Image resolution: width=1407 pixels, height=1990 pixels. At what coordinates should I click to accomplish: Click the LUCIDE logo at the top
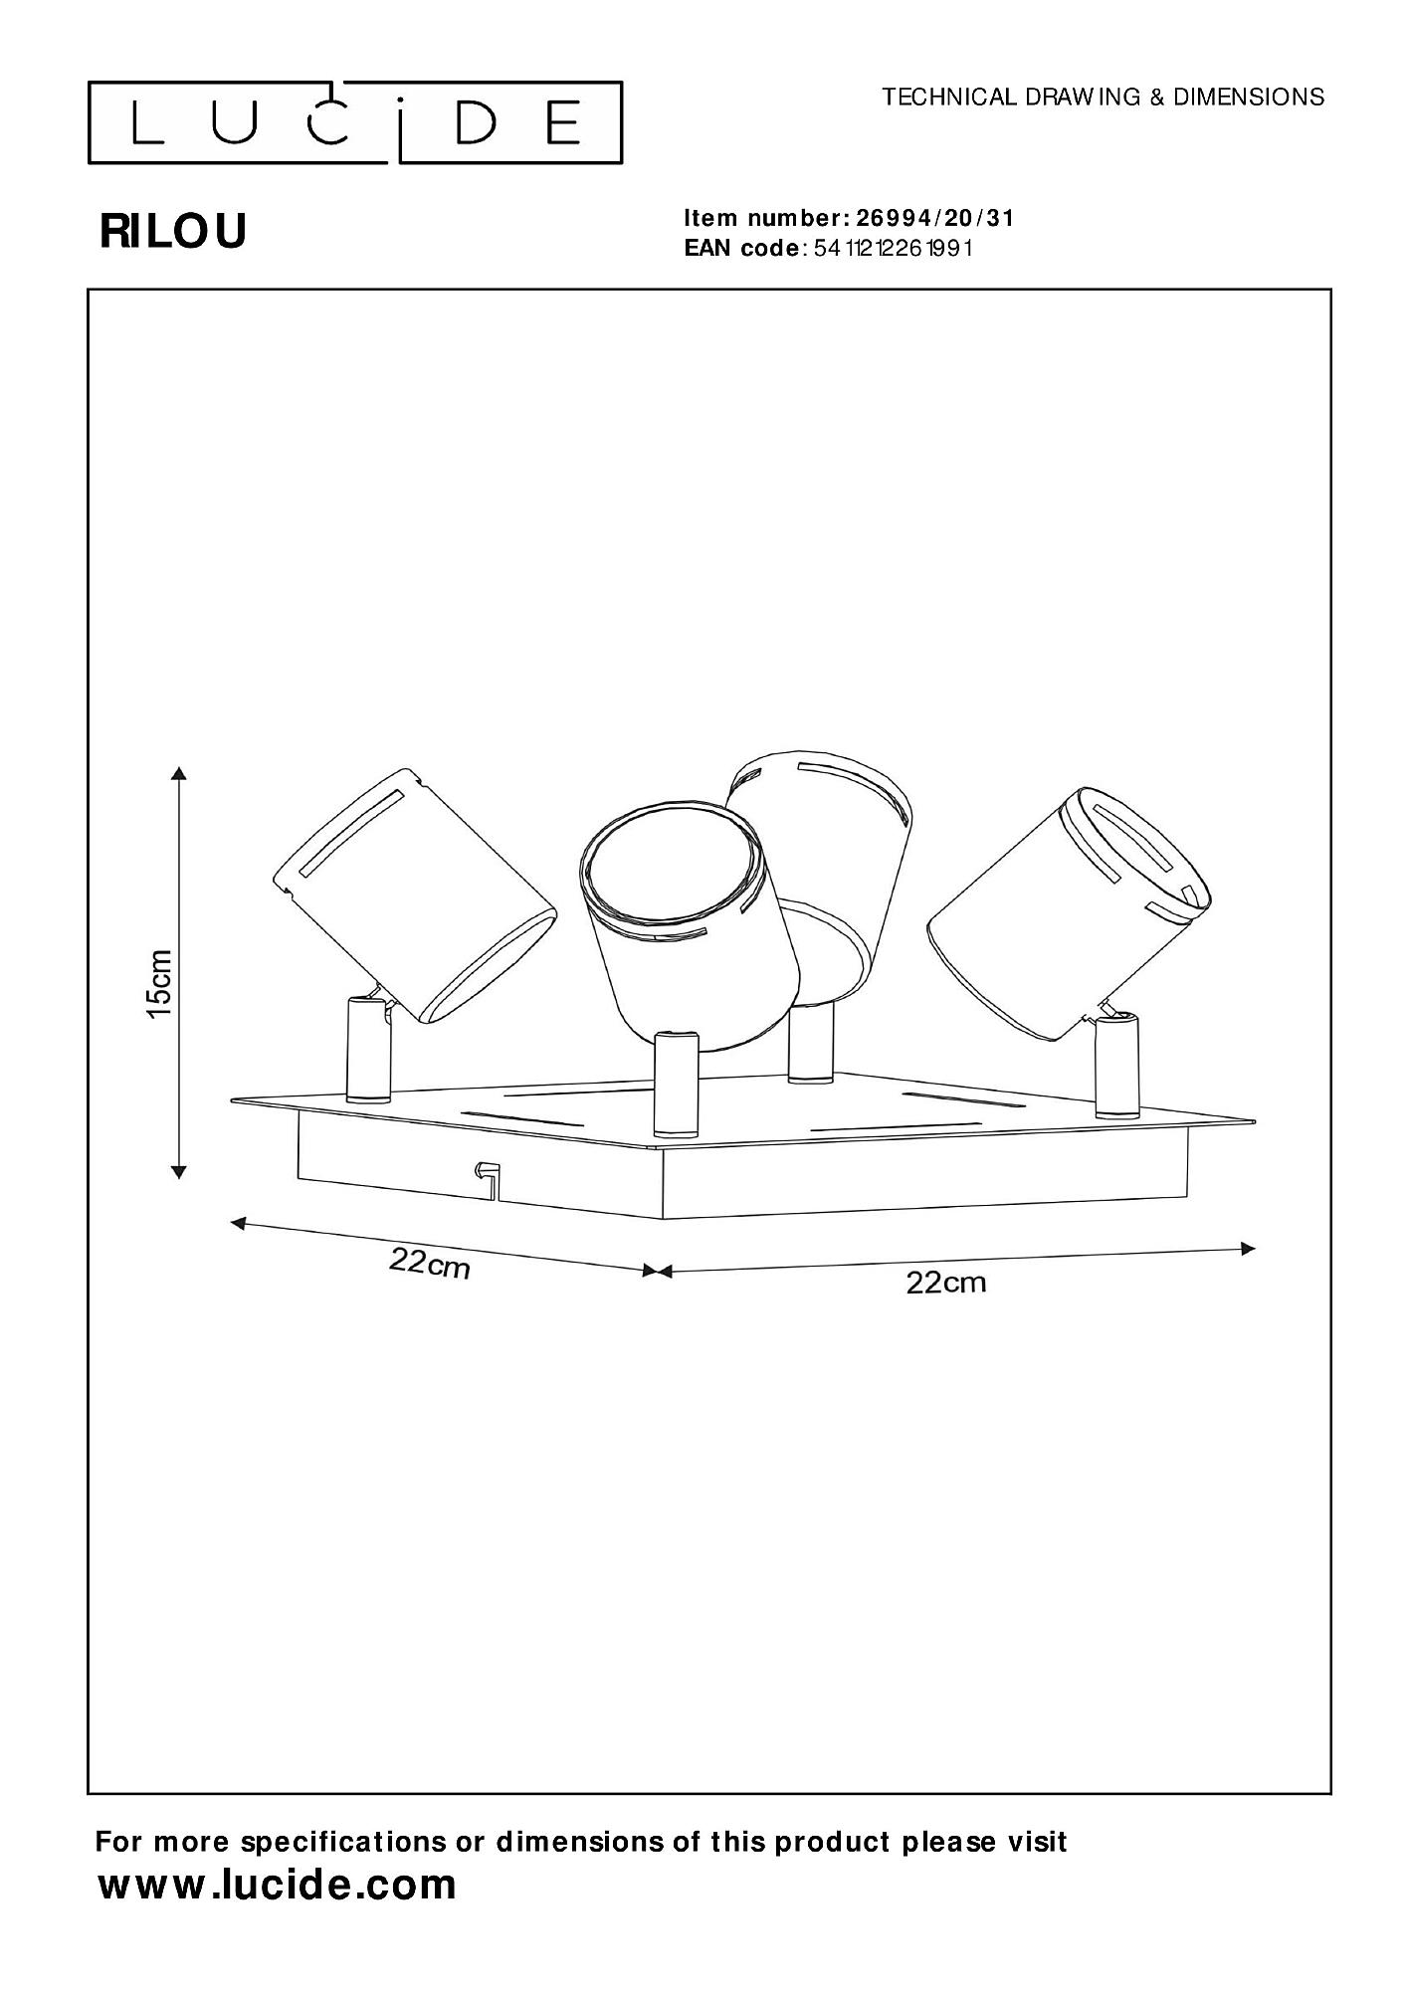(355, 122)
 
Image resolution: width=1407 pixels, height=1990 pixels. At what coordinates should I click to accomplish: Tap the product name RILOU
(173, 232)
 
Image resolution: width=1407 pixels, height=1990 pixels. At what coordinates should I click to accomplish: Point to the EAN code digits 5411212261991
(893, 248)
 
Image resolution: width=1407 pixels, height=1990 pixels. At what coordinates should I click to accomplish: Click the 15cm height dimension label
(160, 983)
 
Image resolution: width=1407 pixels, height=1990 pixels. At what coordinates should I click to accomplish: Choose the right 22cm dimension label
(945, 1283)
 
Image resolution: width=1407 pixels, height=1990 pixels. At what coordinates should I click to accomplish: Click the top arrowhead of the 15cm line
(178, 773)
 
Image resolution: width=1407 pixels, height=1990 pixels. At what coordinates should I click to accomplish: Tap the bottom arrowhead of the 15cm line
(178, 1171)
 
